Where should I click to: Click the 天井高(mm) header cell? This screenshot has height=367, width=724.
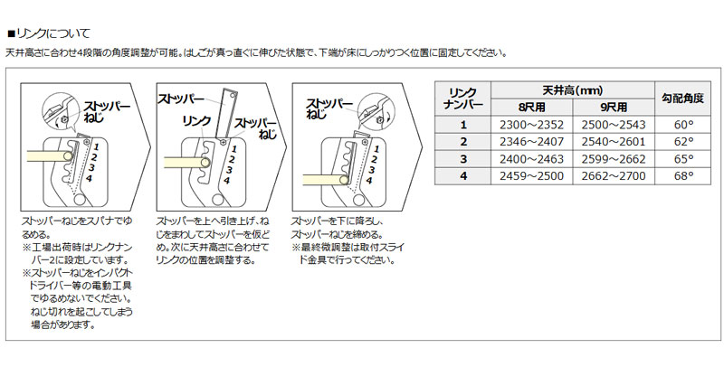(x=573, y=90)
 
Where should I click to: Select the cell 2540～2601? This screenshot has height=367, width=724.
(x=614, y=142)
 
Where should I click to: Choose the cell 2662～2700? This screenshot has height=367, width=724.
(x=614, y=175)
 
